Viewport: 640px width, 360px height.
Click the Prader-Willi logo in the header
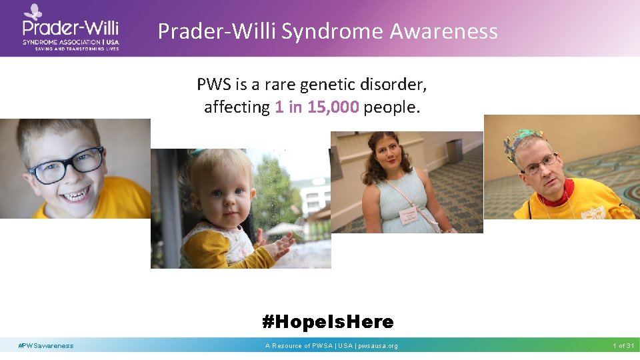click(70, 28)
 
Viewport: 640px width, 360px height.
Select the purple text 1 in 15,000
click(317, 107)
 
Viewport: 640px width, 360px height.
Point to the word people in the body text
click(392, 107)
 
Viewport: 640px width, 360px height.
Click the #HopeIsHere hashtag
click(327, 322)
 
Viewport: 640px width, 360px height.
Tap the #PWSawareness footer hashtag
click(46, 345)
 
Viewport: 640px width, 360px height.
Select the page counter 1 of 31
click(623, 345)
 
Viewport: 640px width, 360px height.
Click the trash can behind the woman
click(455, 151)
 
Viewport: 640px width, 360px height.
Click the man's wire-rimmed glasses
click(541, 164)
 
